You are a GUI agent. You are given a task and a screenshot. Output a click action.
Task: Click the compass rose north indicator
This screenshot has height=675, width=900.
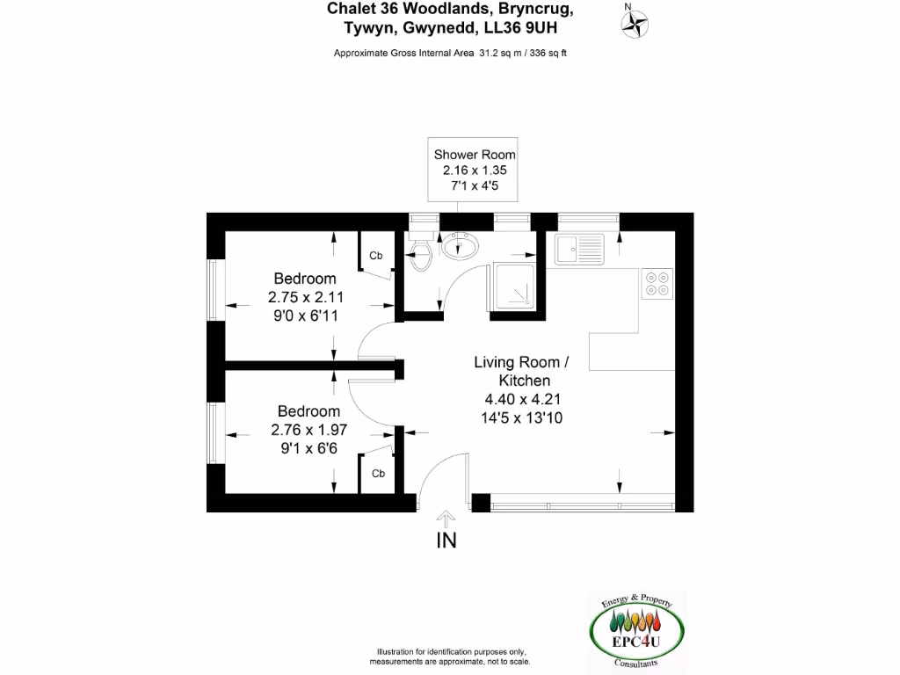(x=632, y=24)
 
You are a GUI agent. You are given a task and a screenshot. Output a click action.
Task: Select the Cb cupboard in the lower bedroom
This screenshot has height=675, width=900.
(x=377, y=473)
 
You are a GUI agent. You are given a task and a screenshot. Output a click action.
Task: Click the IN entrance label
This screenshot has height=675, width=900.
(x=446, y=541)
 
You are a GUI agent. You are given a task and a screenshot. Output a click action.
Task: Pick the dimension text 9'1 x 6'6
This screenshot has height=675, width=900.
(x=308, y=447)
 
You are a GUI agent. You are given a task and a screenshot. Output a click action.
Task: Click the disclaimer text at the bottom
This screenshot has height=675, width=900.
(x=453, y=656)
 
